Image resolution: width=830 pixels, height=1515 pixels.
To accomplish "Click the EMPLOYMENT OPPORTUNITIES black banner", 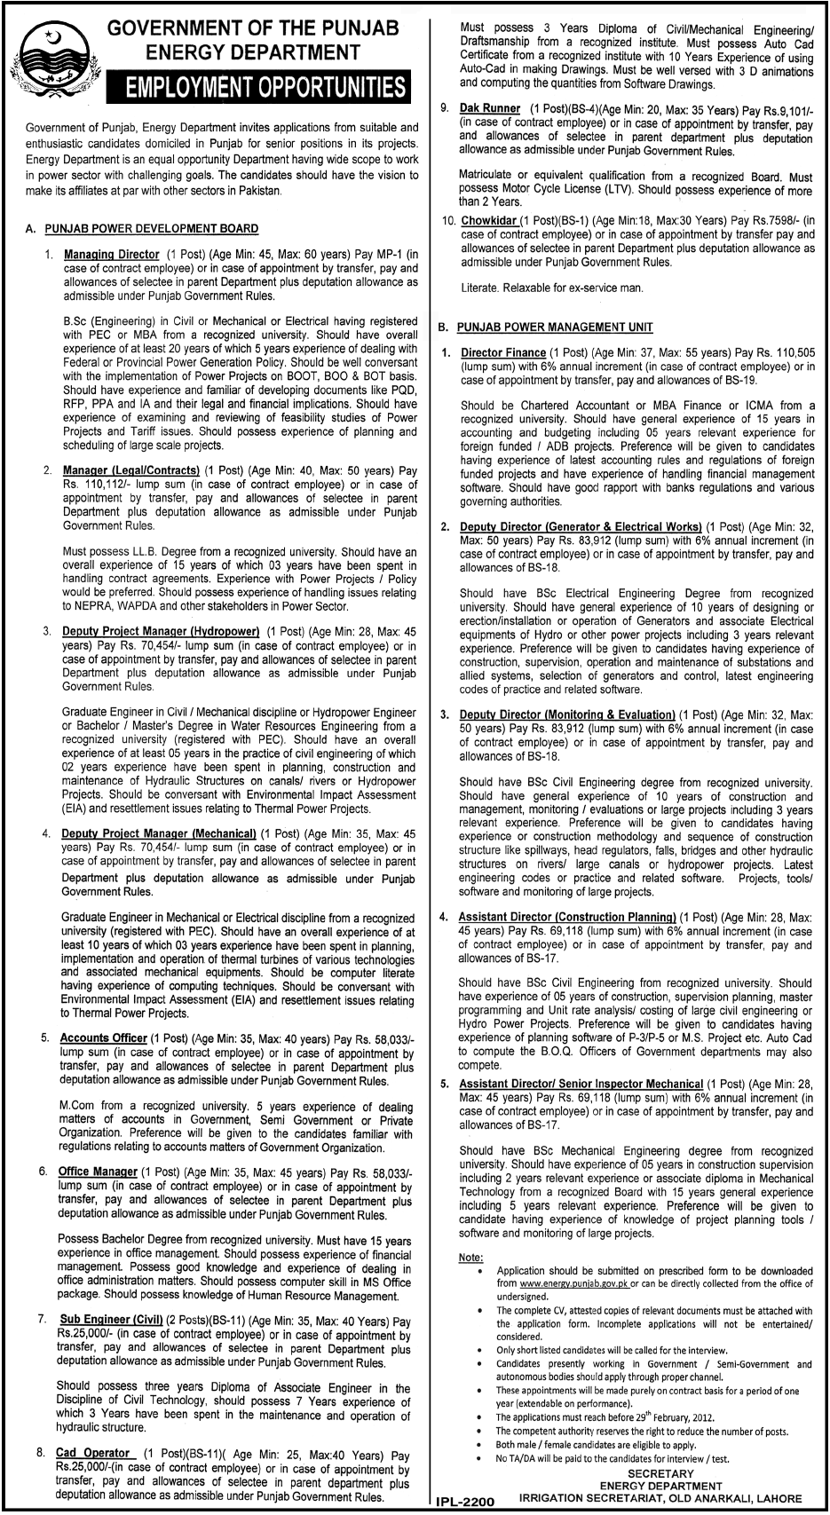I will coord(257,88).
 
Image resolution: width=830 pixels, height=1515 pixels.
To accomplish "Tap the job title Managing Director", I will coord(111,254).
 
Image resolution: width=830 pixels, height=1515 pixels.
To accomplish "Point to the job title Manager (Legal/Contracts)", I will coord(130,470).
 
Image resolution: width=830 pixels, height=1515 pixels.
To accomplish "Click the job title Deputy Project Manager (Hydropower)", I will coord(160,631).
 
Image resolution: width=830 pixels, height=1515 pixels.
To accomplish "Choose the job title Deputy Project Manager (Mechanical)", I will coord(159,833).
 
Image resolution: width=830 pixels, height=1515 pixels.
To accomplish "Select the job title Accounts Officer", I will coord(103,1038).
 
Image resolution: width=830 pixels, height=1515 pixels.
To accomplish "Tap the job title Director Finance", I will coord(502,352).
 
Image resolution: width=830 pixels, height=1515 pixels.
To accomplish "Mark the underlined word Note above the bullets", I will coord(470,1258).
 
